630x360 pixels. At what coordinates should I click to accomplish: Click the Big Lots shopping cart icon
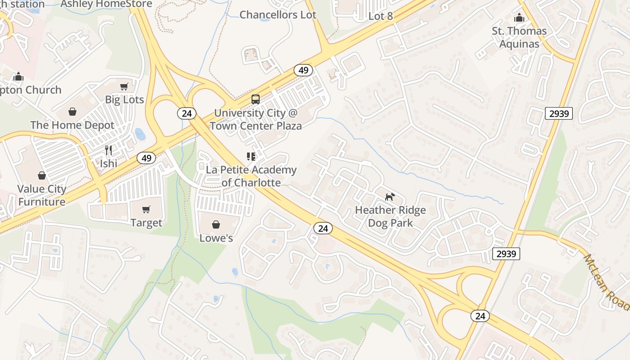coord(124,86)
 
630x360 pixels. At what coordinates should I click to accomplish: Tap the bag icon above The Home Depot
coord(72,112)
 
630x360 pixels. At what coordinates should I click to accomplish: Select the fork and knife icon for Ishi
coord(108,150)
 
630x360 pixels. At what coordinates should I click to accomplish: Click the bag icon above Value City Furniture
coord(42,175)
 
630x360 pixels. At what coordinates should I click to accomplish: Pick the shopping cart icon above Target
coord(146,210)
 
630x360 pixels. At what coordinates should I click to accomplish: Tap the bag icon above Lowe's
coord(216,224)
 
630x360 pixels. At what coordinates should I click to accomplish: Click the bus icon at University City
coord(255,99)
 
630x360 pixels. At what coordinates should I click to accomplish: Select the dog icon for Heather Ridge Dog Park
coord(390,197)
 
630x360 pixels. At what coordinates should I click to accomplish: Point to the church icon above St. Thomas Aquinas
coord(519,18)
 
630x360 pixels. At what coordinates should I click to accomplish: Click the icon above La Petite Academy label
coord(251,157)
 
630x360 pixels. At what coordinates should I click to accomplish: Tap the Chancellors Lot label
coord(278,15)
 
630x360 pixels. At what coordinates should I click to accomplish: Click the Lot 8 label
coord(381,16)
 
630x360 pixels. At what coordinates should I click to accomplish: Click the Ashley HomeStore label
coord(106,4)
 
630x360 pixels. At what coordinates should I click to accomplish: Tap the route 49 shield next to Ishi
coord(146,158)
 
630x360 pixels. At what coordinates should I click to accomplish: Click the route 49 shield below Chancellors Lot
coord(304,70)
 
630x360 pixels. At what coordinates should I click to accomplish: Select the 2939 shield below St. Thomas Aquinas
coord(558,113)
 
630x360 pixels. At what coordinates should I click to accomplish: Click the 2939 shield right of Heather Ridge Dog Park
coord(506,254)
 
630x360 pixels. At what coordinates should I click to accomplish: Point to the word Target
coord(146,223)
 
